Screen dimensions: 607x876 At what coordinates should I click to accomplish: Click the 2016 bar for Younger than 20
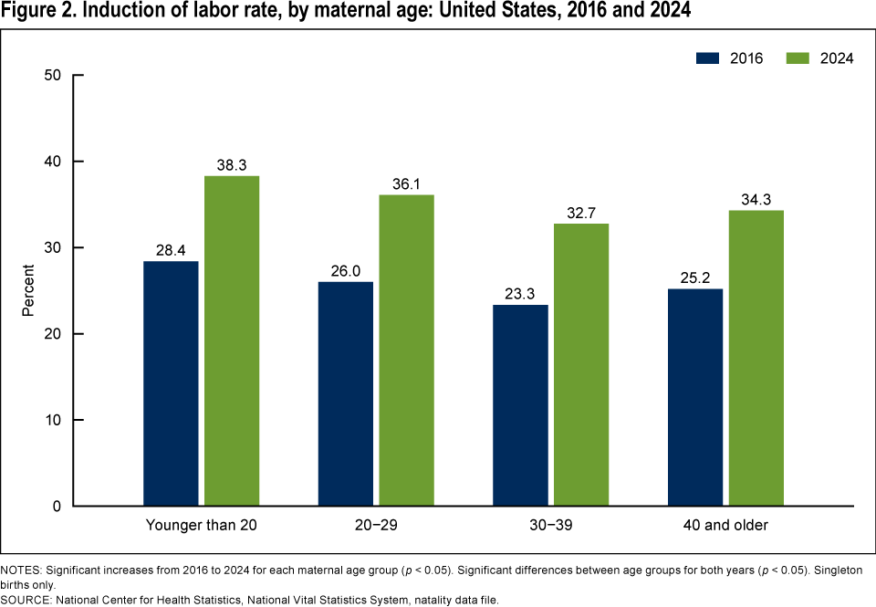click(x=171, y=383)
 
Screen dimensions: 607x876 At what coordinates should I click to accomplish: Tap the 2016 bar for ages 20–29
click(x=346, y=393)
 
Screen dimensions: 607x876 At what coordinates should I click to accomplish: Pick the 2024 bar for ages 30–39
click(x=581, y=364)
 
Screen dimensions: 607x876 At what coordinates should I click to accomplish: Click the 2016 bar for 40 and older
click(x=695, y=397)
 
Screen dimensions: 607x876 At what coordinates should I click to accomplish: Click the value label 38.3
click(x=232, y=164)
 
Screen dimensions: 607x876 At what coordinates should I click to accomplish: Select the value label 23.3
click(x=520, y=294)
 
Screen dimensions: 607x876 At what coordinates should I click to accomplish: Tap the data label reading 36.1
click(x=407, y=183)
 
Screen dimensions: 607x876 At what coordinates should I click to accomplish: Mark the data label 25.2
click(x=695, y=277)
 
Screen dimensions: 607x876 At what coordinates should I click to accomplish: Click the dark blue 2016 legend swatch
click(x=709, y=58)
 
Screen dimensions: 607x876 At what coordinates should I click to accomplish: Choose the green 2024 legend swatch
click(x=797, y=58)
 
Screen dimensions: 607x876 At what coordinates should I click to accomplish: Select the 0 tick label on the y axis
click(x=56, y=506)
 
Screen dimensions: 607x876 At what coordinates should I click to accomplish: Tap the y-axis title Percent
click(x=27, y=290)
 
